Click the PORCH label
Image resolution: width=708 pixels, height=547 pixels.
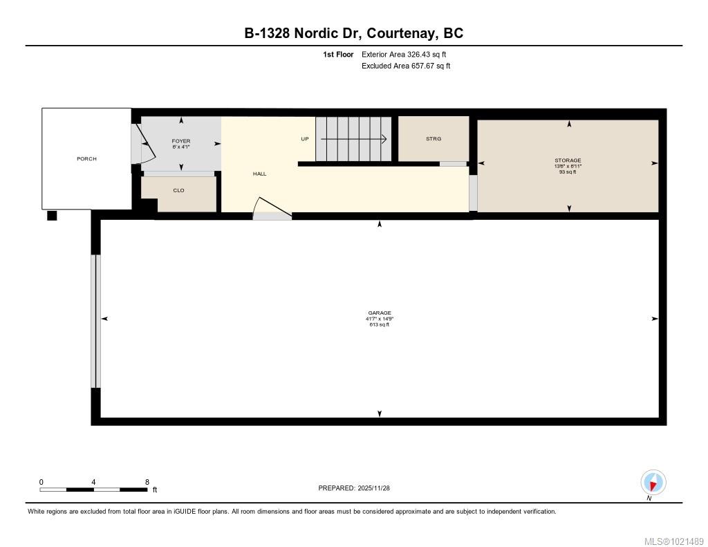click(86, 159)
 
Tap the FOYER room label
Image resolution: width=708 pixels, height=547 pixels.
click(181, 141)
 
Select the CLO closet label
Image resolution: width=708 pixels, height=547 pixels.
click(179, 190)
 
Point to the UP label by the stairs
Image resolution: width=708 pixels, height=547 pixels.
click(304, 139)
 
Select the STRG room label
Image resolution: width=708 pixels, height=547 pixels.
click(434, 139)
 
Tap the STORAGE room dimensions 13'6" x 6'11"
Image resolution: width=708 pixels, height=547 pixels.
click(568, 166)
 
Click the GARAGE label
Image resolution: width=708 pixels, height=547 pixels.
click(380, 313)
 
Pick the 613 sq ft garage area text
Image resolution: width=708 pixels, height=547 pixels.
click(380, 324)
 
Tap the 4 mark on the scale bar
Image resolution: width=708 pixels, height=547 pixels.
click(93, 482)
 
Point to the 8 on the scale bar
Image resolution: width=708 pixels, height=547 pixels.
click(147, 482)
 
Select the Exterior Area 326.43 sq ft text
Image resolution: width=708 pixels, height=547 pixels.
click(399, 54)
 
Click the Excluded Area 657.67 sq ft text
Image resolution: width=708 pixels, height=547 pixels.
click(406, 66)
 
